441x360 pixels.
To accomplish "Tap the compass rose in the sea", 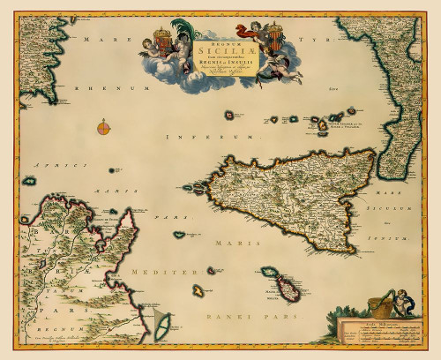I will tap(105, 128).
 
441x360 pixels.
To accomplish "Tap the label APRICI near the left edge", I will tap(49, 165).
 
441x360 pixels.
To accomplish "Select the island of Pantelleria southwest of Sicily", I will tap(181, 235).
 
